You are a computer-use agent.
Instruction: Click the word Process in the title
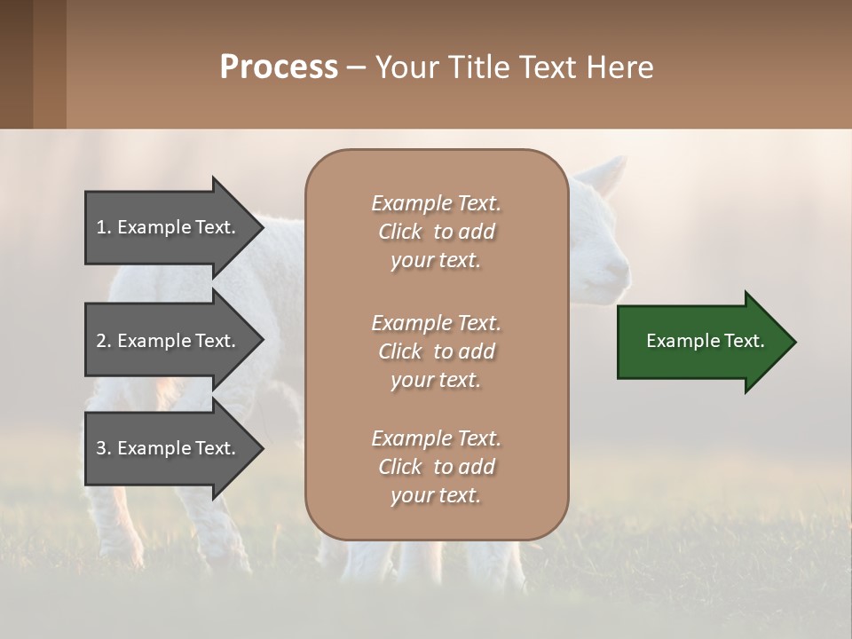(279, 67)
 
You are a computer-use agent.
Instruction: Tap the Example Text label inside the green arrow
(705, 341)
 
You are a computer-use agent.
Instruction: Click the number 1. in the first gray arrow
(104, 227)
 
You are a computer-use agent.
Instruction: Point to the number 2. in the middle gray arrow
(104, 341)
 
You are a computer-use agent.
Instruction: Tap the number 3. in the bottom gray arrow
(104, 448)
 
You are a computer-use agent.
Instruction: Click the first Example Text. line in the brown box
(436, 203)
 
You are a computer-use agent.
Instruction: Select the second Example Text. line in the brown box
(436, 323)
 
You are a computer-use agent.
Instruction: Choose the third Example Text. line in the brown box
(436, 438)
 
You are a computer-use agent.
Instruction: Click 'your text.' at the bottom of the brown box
(436, 495)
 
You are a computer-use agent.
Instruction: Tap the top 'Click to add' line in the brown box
(436, 232)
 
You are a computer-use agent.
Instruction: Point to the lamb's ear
(611, 174)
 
